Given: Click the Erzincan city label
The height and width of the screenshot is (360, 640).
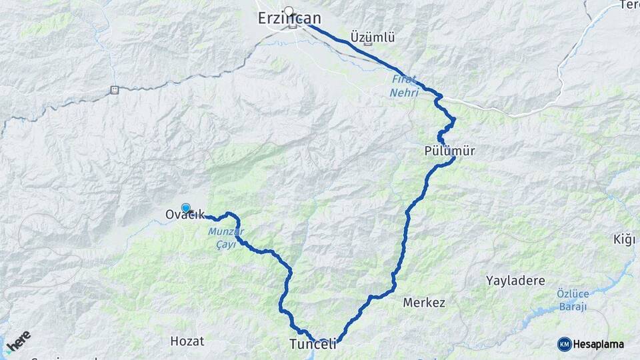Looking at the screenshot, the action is tap(289, 19).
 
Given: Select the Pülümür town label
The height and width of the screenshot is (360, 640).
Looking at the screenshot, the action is tap(449, 151).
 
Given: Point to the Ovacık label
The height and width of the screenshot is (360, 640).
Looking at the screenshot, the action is tap(185, 215).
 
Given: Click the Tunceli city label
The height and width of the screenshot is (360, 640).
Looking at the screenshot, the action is tap(313, 344).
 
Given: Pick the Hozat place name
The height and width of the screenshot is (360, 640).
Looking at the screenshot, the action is tap(187, 341).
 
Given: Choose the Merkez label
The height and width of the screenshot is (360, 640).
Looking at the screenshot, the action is tap(424, 303).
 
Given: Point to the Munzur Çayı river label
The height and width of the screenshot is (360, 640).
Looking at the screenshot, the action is tap(226, 238).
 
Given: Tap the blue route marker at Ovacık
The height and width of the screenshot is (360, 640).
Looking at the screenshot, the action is tap(185, 208).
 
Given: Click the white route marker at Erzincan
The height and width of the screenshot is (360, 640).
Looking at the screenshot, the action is tap(289, 11).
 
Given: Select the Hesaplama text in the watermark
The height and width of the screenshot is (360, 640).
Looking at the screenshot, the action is tap(599, 344).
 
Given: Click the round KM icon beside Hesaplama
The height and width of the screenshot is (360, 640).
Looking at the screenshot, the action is tap(564, 344).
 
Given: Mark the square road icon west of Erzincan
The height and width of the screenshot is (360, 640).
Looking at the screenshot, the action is tap(114, 89).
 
